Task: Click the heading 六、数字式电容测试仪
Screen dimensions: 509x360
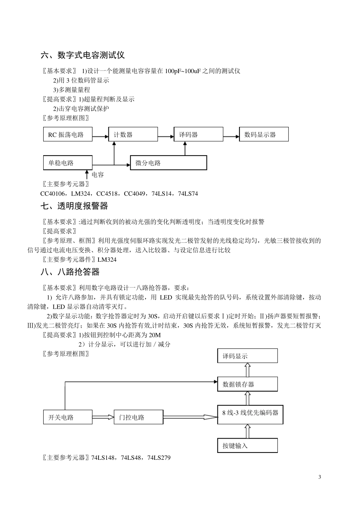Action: [x=83, y=55]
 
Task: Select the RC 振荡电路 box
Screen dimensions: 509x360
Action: [x=68, y=134]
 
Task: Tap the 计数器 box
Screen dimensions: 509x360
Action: [x=133, y=134]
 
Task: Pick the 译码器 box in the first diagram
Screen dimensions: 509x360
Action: [x=198, y=134]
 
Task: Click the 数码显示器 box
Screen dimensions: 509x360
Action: [x=264, y=134]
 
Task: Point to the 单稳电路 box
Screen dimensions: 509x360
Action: [x=68, y=163]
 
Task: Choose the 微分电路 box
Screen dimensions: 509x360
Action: [x=169, y=163]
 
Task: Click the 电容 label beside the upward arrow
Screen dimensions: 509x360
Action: [x=98, y=175]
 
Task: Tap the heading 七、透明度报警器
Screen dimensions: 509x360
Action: [x=74, y=206]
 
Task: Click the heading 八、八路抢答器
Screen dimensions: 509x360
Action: [x=70, y=272]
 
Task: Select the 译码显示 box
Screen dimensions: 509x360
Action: [x=247, y=356]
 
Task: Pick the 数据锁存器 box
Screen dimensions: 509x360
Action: [x=247, y=384]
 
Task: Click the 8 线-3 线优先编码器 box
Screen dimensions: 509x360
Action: [x=250, y=414]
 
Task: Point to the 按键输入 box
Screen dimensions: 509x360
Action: [x=247, y=445]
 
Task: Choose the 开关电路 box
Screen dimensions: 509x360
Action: [x=68, y=417]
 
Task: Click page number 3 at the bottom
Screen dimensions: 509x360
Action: [x=319, y=477]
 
